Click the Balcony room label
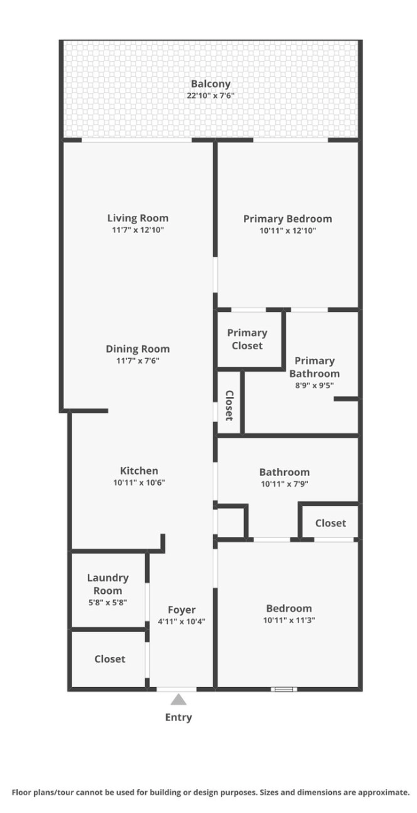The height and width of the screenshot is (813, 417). click(x=211, y=84)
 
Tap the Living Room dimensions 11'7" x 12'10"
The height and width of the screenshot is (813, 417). click(x=138, y=230)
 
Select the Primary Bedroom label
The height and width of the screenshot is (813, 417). click(x=288, y=219)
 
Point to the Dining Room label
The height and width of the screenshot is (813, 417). click(x=138, y=349)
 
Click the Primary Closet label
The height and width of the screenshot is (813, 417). click(x=247, y=339)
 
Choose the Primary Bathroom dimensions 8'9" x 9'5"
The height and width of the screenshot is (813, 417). click(x=314, y=385)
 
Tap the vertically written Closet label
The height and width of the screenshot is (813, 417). click(x=229, y=405)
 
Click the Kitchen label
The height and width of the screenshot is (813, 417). click(x=139, y=471)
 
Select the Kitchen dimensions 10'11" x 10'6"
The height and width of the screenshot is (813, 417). click(x=139, y=483)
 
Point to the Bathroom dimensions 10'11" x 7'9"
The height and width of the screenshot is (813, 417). click(x=284, y=483)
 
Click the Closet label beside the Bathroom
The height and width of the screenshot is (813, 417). click(x=330, y=523)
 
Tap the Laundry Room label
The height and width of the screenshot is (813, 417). click(x=108, y=584)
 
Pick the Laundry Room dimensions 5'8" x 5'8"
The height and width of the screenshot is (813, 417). click(x=108, y=603)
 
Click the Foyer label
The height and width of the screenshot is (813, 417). click(x=181, y=610)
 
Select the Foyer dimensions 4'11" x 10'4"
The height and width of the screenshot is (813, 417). click(x=181, y=622)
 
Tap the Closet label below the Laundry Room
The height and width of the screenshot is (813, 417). click(x=110, y=659)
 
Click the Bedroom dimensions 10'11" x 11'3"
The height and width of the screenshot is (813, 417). click(x=289, y=620)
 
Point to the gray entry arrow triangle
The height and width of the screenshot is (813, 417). click(x=179, y=700)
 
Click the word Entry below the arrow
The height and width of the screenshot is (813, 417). click(x=179, y=718)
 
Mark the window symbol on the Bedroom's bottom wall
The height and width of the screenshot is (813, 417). click(x=284, y=689)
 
